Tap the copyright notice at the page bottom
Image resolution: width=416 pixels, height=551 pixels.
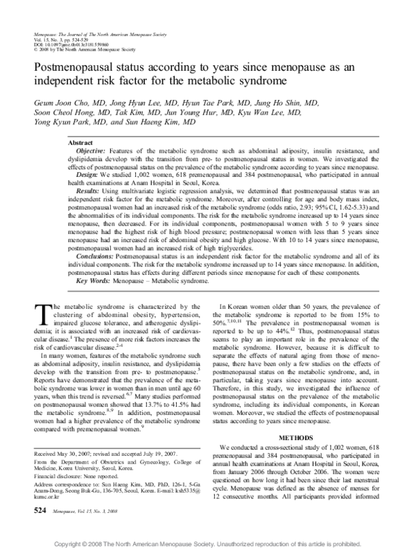coord(207,543)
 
